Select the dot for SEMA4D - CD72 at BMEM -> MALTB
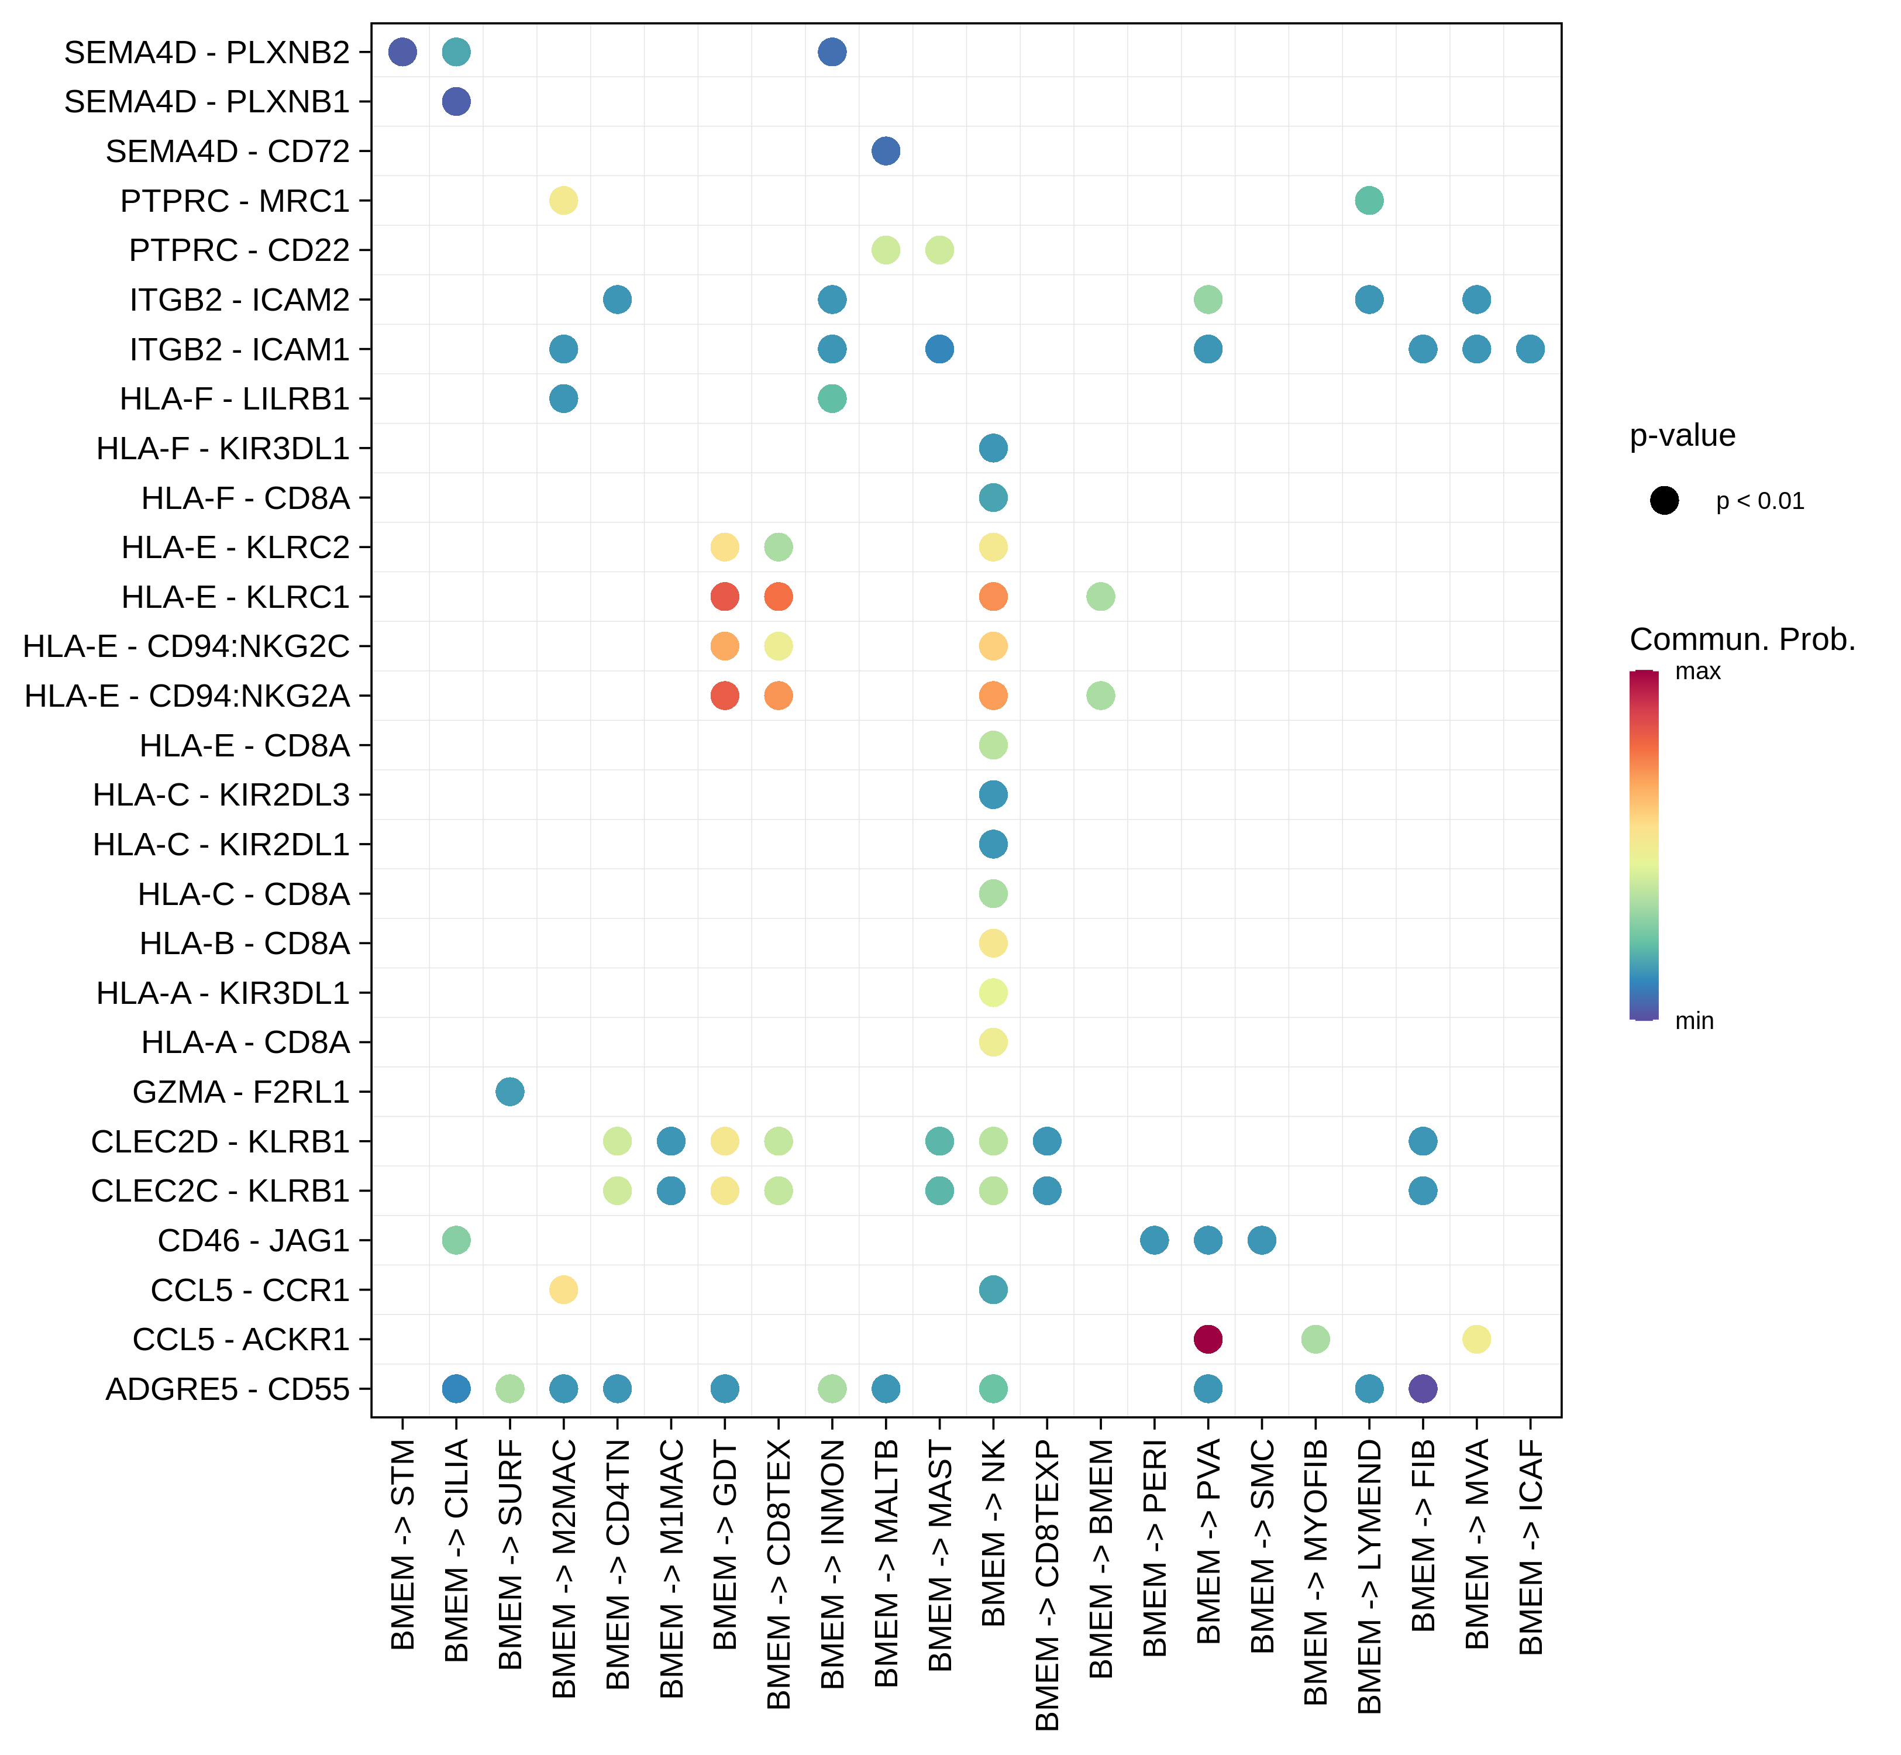[885, 151]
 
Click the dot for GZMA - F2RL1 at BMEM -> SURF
[510, 1092]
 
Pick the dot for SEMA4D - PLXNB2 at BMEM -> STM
[402, 52]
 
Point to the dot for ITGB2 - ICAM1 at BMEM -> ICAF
[1529, 349]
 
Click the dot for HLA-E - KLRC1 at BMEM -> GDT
[725, 596]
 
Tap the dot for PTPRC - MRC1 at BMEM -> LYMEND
[1368, 201]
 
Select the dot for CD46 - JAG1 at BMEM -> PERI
[1153, 1240]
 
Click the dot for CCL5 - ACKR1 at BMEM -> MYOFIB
[1314, 1339]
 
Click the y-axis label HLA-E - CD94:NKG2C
[186, 646]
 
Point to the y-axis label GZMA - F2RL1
[241, 1092]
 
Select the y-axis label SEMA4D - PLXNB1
[207, 102]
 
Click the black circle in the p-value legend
[1664, 501]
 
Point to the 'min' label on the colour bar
[1694, 1021]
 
